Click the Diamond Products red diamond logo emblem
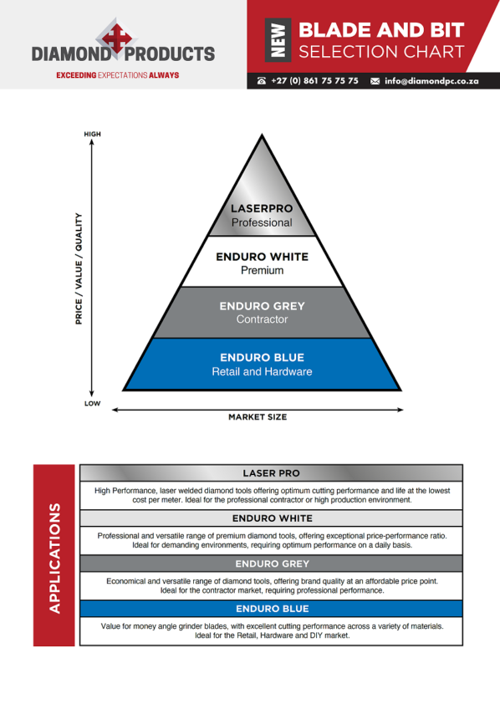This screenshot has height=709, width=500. (116, 38)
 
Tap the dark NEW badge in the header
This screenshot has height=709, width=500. (278, 40)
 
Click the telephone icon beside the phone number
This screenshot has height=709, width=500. (262, 81)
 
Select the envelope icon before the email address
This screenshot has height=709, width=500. (375, 81)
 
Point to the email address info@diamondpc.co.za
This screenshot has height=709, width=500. (431, 81)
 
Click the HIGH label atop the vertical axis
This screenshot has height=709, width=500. (92, 134)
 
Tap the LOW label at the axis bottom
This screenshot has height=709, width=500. (92, 403)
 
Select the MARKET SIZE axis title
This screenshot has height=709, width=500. (258, 417)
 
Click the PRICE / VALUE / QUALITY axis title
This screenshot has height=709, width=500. (79, 268)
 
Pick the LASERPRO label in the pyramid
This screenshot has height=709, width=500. (262, 208)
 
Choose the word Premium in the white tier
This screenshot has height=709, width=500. (263, 270)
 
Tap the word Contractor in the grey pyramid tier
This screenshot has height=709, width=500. (263, 319)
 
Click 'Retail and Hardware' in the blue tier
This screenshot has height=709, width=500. (263, 372)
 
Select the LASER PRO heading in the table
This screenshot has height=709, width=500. (271, 473)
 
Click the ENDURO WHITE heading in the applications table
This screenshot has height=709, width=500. (272, 518)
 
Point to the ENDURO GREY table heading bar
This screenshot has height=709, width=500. (271, 564)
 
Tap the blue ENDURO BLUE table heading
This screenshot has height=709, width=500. (271, 609)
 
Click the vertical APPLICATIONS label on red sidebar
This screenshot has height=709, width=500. (54, 558)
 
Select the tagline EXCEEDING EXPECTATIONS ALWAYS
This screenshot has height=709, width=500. (118, 75)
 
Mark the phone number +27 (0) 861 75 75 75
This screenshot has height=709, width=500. (314, 81)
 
